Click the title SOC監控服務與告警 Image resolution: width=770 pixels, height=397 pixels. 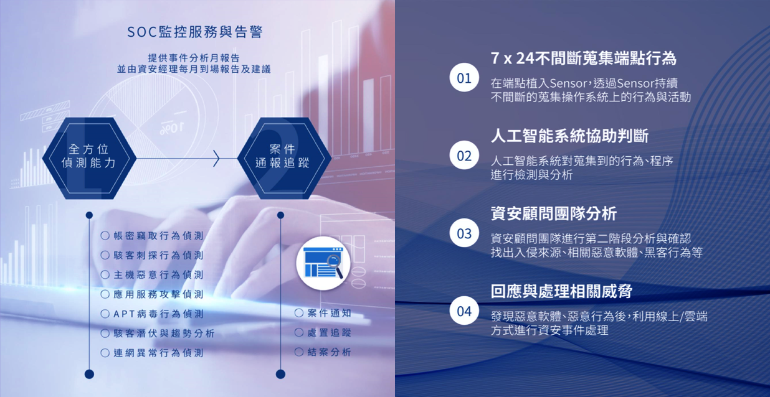(195, 32)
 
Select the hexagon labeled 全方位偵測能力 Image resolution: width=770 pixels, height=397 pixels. (89, 158)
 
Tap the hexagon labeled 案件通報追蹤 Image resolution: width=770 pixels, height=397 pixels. (284, 158)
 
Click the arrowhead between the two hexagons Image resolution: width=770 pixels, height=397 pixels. (216, 158)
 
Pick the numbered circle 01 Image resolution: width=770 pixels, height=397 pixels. (464, 78)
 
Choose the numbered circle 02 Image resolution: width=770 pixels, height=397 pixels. (464, 155)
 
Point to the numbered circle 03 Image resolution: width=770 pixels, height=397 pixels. (464, 233)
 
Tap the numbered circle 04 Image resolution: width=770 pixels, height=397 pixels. (464, 311)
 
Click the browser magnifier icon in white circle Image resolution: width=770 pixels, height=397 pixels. (323, 263)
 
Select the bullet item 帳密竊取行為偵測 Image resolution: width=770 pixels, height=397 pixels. (152, 236)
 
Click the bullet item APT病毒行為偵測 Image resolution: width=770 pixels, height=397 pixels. (152, 314)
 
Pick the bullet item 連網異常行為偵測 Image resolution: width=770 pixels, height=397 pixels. (152, 353)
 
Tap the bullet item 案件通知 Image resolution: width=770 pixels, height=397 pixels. (323, 313)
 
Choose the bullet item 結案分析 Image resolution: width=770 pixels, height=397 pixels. (323, 352)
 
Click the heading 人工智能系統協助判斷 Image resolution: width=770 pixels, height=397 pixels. (569, 136)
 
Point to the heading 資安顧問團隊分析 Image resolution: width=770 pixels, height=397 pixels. (554, 213)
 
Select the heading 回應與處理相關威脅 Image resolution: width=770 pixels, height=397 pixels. (561, 291)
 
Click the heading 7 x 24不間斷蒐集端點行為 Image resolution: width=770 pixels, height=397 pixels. (583, 58)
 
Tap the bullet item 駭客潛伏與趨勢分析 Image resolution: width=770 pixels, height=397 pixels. (158, 333)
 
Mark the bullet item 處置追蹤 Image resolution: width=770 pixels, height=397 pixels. (323, 332)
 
